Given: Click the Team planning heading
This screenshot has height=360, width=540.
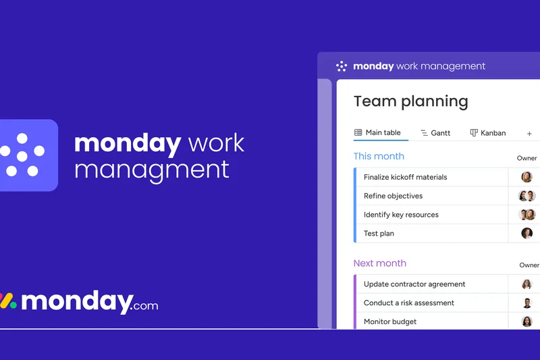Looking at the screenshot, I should click(x=410, y=102).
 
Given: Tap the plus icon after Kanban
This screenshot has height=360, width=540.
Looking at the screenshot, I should click(x=529, y=134).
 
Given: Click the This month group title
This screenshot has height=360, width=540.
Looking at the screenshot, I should click(x=379, y=156).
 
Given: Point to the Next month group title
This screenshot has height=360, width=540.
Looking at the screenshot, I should click(x=380, y=263).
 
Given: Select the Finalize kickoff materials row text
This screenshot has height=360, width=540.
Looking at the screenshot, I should click(x=405, y=177).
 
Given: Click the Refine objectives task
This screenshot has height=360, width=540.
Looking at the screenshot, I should click(x=393, y=196).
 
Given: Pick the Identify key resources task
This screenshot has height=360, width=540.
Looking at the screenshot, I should click(x=401, y=215).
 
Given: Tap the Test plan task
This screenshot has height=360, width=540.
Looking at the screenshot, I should click(x=379, y=234).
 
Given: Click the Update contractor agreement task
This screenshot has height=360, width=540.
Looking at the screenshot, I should click(x=414, y=284).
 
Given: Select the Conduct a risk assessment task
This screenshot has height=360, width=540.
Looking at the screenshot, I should click(x=409, y=303).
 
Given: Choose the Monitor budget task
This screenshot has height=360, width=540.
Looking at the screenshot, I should click(x=390, y=322).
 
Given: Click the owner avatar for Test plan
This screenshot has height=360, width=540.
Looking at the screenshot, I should click(x=526, y=234).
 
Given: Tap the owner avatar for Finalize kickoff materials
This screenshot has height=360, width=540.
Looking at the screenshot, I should click(x=526, y=177).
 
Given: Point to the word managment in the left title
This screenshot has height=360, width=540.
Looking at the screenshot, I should click(x=151, y=169).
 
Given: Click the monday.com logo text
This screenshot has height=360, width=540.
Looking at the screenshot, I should click(x=88, y=301).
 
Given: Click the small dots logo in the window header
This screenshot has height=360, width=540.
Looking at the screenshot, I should click(x=342, y=66).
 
